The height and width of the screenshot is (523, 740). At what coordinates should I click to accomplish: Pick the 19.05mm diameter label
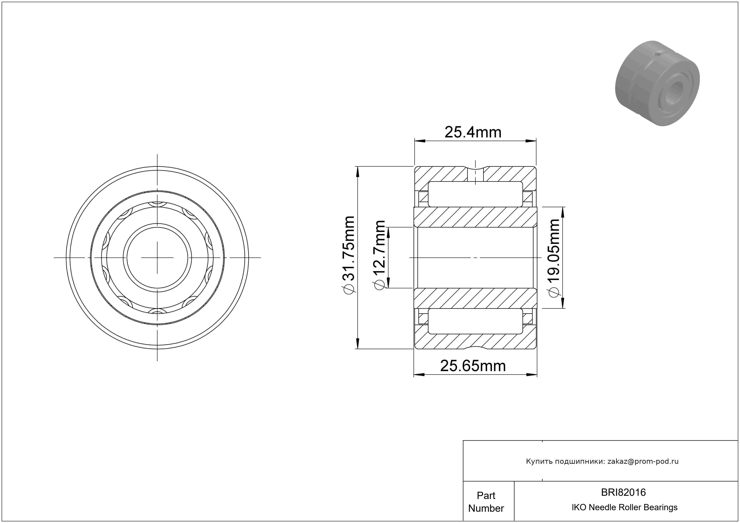(x=554, y=258)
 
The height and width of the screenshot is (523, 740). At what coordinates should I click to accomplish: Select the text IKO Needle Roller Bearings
(x=625, y=507)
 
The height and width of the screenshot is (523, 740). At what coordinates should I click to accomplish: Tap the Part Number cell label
(x=486, y=502)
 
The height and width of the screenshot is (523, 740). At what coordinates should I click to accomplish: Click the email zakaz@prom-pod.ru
(x=643, y=461)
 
